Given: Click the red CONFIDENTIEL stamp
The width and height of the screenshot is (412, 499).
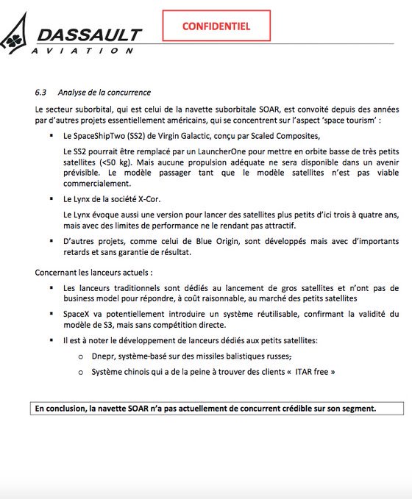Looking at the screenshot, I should point(216,26).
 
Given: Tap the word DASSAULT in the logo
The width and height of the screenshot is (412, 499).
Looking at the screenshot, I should point(89,35).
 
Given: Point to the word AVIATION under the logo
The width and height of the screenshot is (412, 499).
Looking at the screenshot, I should point(82,51).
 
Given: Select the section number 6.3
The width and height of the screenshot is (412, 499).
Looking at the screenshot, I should point(41,93).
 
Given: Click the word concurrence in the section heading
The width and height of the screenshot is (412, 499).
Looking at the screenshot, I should point(128,93).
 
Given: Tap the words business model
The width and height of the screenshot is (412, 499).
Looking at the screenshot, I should point(90,298).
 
